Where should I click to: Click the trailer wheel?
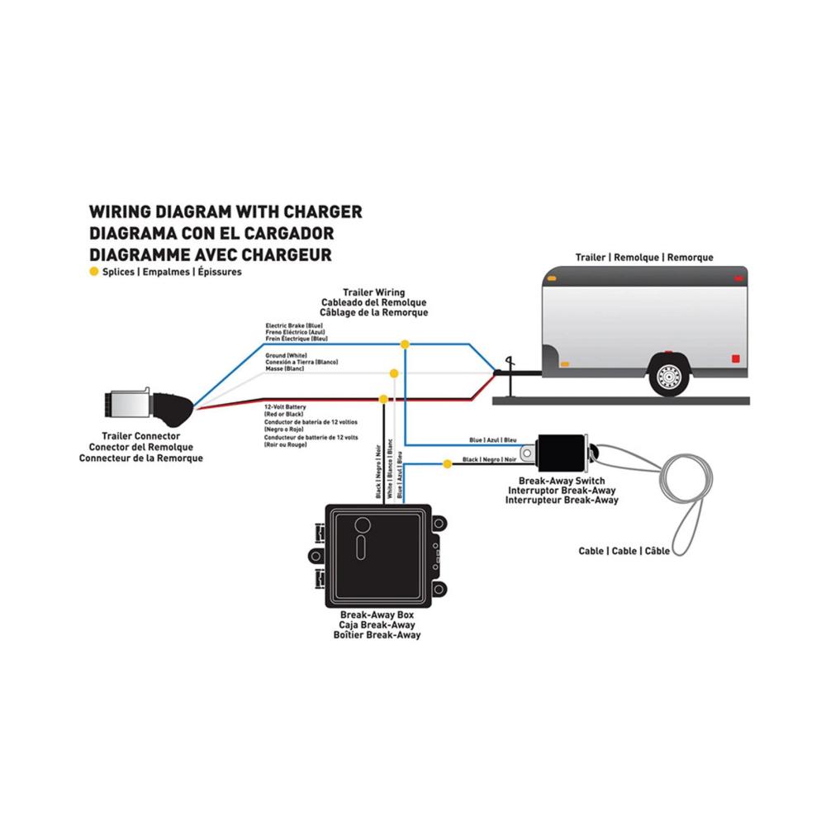coord(669,375)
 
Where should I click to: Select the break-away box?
coord(377,556)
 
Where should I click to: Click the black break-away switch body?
coord(562,453)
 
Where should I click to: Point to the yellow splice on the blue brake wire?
coord(405,344)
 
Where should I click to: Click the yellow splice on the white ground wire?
coord(393,373)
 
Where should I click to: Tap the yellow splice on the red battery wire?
coord(383,399)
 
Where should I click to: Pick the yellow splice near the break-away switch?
coord(447,464)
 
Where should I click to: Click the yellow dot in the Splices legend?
coord(94,272)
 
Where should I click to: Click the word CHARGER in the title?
coord(323,211)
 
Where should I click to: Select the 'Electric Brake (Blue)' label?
coord(294,325)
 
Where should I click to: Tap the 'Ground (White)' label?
coord(286,355)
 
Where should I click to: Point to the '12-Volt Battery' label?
coord(285,407)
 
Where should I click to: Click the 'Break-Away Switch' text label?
coord(562,481)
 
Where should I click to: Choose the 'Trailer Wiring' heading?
coord(374,292)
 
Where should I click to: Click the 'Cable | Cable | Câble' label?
coord(624,551)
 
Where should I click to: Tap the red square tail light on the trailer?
coord(736,358)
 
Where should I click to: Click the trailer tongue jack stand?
coord(509,377)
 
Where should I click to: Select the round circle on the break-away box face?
coord(363,525)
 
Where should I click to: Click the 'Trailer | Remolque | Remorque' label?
coord(644,258)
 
